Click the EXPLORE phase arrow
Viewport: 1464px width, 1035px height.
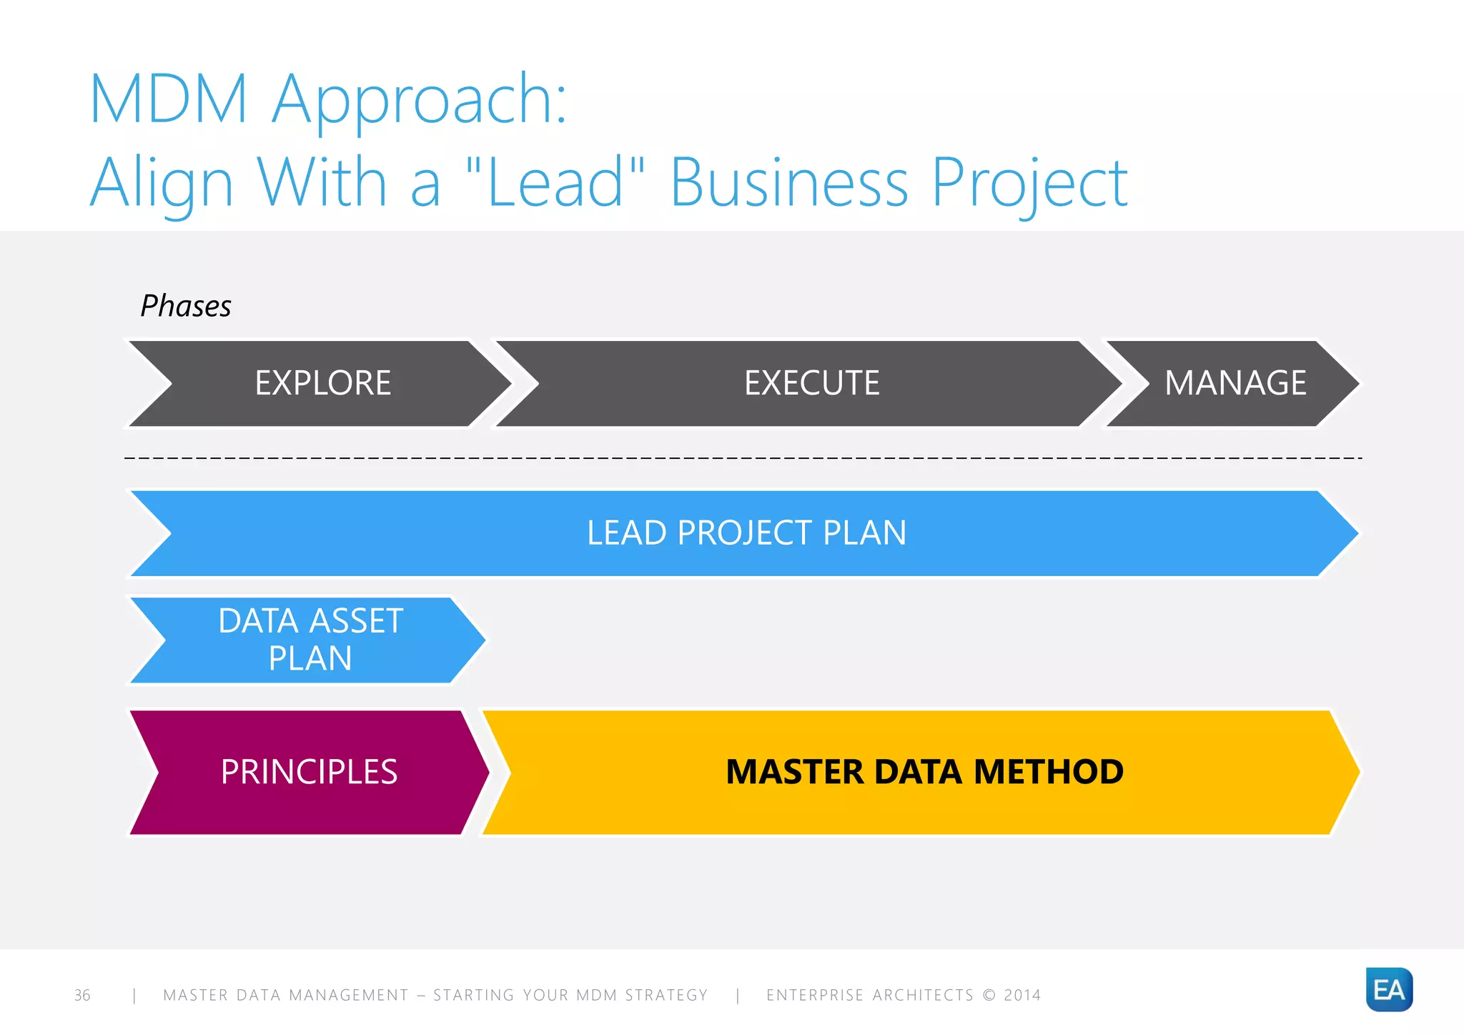pos(322,383)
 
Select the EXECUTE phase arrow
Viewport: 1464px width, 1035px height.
pos(811,383)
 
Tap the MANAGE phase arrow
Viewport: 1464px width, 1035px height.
pos(1235,383)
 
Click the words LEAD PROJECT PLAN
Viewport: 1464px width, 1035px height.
pos(746,533)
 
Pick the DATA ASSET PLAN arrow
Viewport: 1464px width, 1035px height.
pos(310,640)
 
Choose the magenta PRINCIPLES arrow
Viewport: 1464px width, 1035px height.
pos(309,772)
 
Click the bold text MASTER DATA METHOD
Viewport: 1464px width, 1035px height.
pos(924,772)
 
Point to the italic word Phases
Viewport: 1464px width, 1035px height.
pos(186,306)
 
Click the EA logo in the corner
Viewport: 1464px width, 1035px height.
pos(1388,990)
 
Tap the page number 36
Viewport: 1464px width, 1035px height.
pos(82,995)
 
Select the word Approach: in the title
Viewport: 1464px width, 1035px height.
pos(420,100)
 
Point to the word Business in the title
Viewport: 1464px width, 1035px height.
pos(789,182)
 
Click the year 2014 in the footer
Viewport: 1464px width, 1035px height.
pos(1022,995)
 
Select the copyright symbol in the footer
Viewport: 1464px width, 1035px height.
pos(989,995)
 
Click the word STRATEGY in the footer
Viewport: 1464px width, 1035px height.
pos(666,995)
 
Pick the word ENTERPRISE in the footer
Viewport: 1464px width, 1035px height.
pos(815,995)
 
